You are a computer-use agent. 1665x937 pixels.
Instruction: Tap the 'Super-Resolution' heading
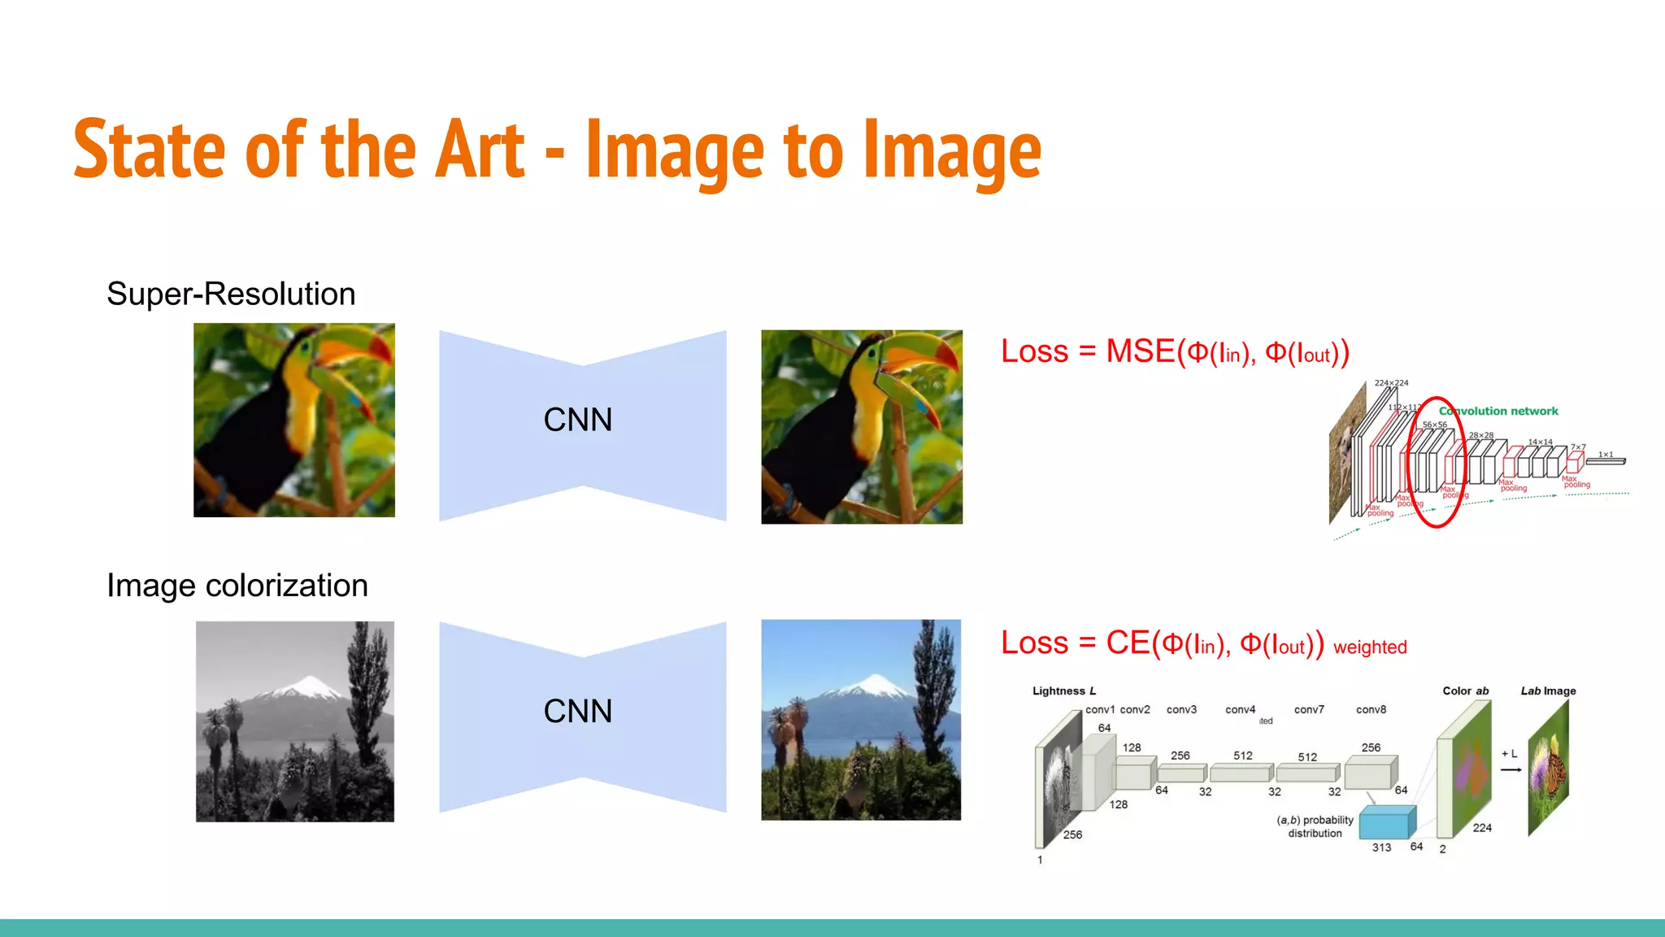coord(231,294)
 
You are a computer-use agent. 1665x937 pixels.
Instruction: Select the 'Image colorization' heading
coord(237,586)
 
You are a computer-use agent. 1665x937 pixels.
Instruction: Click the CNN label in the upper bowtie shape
coord(577,420)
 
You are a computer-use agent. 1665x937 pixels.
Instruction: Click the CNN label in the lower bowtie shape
coord(577,711)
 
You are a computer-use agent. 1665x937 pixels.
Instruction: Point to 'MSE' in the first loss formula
coord(1140,351)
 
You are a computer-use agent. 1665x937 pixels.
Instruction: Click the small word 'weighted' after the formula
coord(1369,647)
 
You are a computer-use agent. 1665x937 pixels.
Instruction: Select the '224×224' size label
coord(1391,383)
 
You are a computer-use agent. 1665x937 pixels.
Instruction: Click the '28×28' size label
coord(1481,435)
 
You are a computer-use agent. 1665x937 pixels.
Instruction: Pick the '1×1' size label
coord(1606,454)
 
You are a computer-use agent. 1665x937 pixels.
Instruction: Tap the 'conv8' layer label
coord(1371,709)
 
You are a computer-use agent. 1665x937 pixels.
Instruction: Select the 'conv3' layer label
coord(1181,709)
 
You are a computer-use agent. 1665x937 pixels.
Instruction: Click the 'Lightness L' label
coord(1063,691)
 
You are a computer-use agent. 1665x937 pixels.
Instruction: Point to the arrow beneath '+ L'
coord(1511,769)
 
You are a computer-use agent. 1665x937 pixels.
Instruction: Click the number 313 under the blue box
coord(1381,848)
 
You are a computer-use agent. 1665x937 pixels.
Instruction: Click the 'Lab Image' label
coord(1548,691)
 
